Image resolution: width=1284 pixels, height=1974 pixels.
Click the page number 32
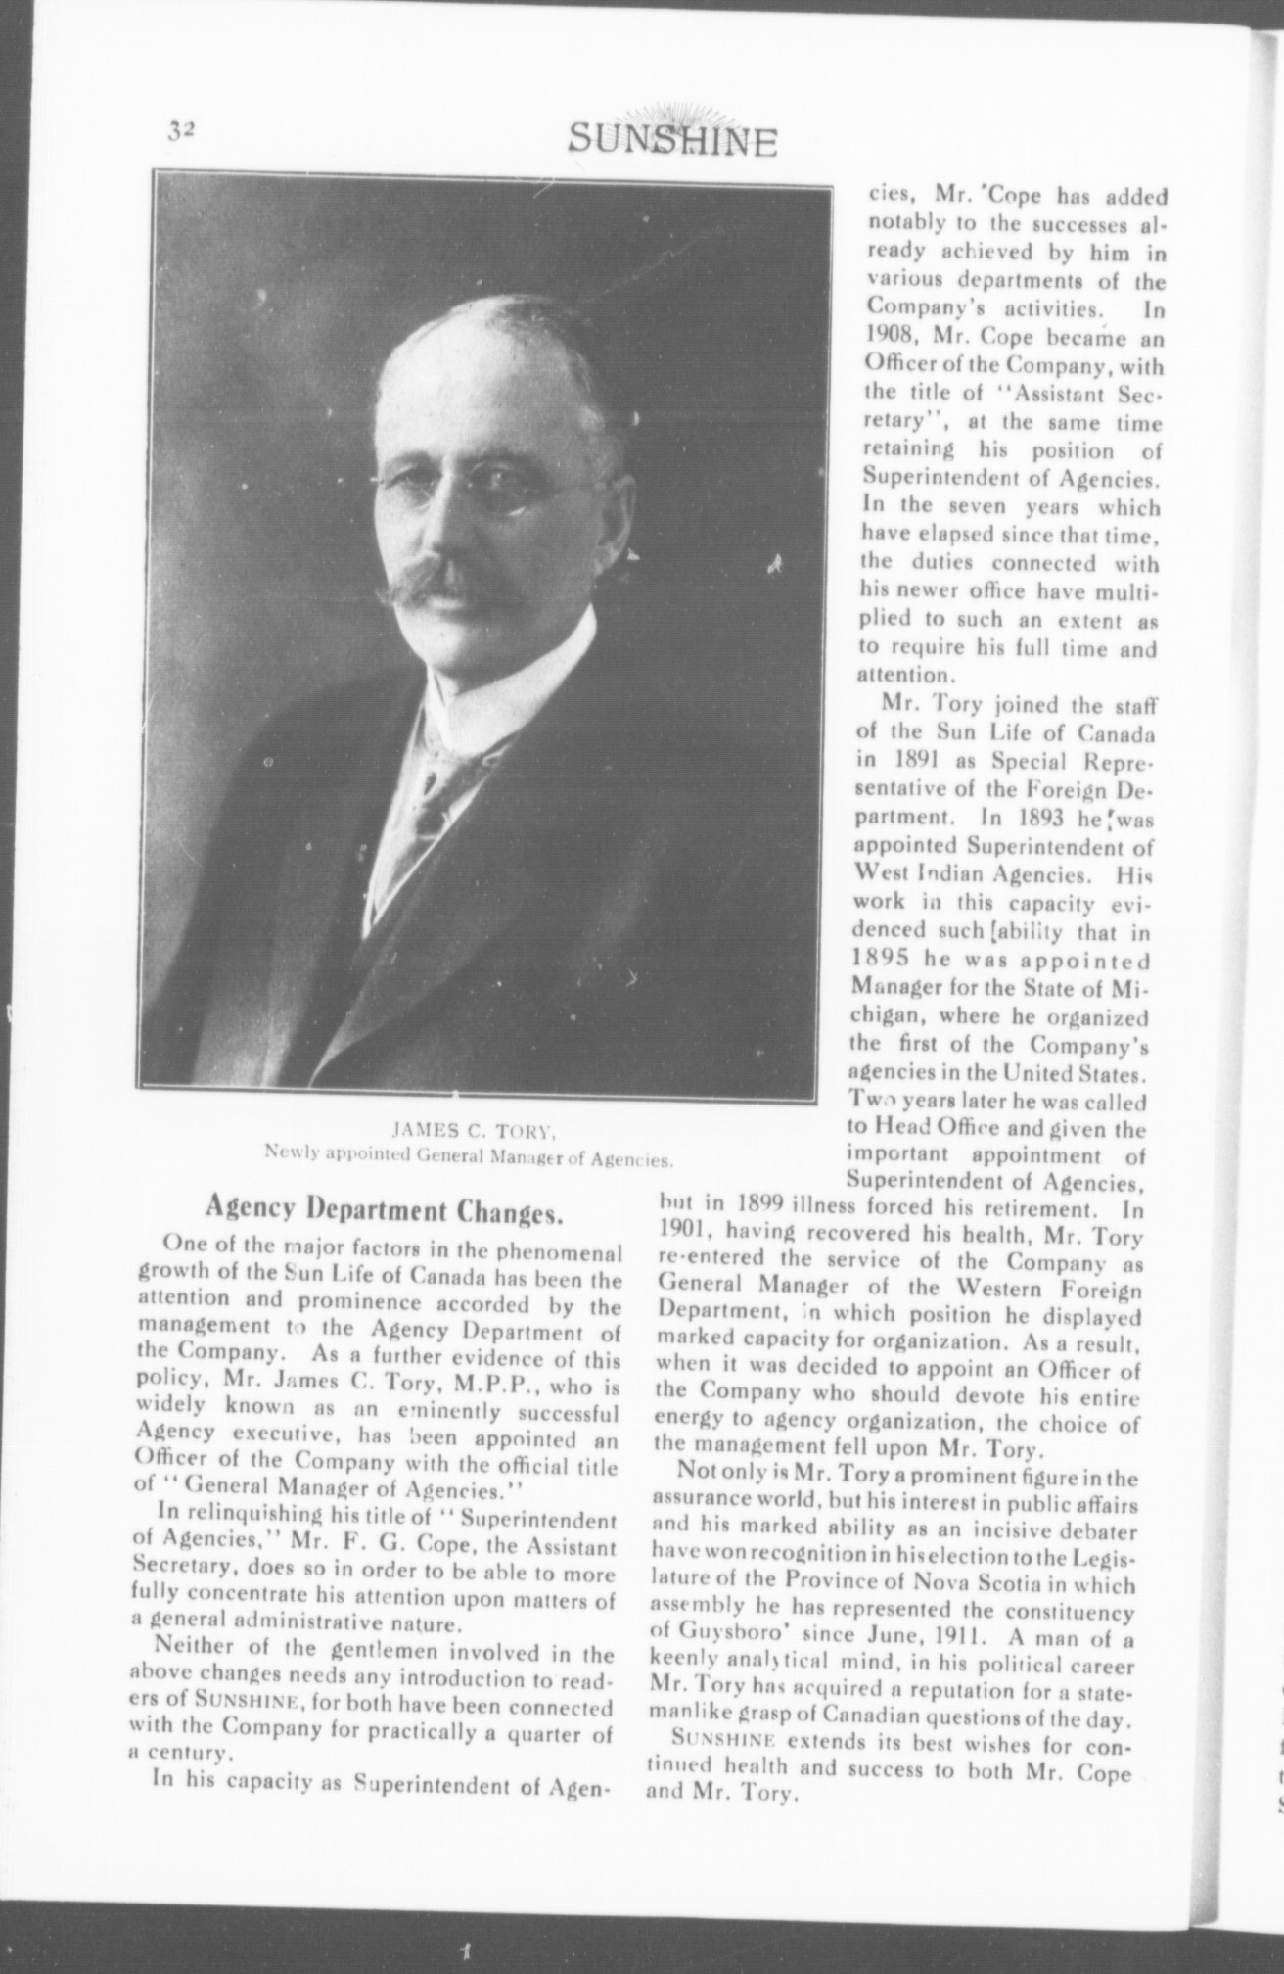click(x=182, y=130)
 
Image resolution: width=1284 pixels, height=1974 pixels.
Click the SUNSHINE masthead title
click(x=672, y=141)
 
